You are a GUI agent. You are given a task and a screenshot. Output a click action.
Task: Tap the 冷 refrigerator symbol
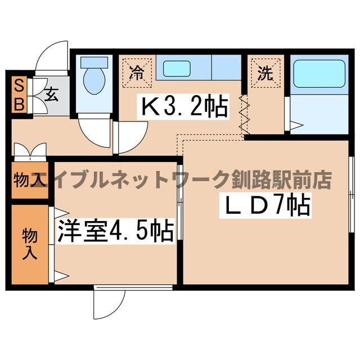(x=136, y=71)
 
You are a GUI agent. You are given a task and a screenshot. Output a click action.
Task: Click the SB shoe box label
(x=19, y=95)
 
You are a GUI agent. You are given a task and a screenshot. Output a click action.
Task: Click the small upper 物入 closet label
(x=28, y=181)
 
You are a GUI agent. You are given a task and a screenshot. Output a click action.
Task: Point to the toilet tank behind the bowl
(x=92, y=62)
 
